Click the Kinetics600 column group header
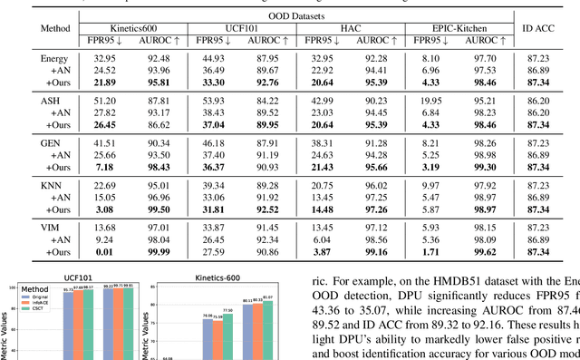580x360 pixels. pyautogui.click(x=133, y=30)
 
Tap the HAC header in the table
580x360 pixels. pyautogui.click(x=351, y=30)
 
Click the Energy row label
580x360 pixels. pyautogui.click(x=54, y=58)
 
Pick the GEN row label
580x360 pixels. pyautogui.click(x=54, y=143)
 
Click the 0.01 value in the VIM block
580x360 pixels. pyautogui.click(x=102, y=251)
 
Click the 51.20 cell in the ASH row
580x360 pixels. pyautogui.click(x=102, y=101)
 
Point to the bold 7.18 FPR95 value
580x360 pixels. pyautogui.click(x=102, y=167)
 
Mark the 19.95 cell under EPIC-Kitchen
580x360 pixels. pyautogui.click(x=429, y=101)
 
